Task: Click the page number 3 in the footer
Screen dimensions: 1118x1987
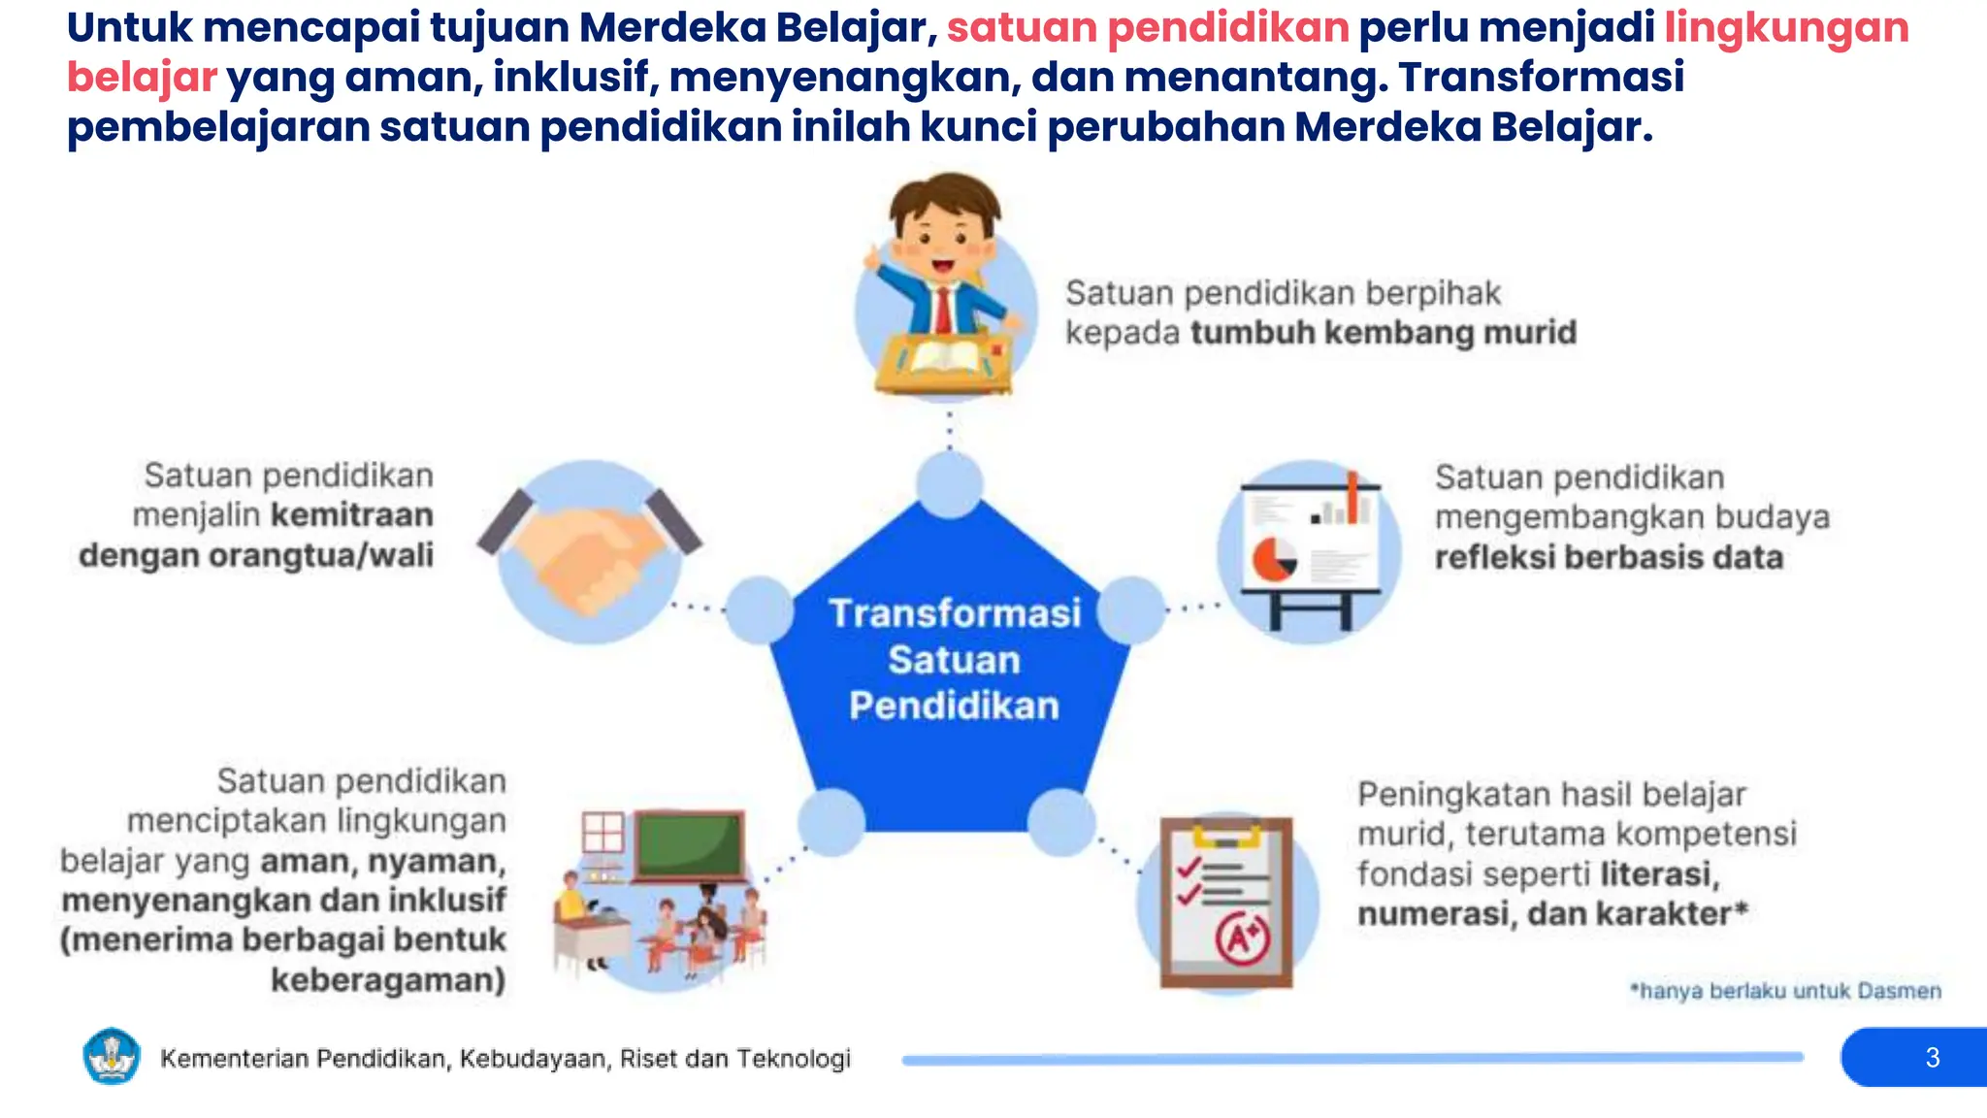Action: coord(1932,1057)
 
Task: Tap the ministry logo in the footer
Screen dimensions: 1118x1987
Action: coord(112,1056)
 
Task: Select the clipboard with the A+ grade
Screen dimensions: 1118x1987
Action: coord(1227,903)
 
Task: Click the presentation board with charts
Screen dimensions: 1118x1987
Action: coord(1310,548)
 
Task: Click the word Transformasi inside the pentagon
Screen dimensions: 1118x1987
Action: coord(955,613)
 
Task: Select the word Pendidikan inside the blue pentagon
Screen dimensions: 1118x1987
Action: coord(955,706)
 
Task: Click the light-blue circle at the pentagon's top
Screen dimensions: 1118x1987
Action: coord(949,483)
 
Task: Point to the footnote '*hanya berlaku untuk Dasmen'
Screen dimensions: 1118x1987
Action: coord(1785,991)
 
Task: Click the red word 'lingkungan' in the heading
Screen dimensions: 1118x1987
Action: coord(1786,27)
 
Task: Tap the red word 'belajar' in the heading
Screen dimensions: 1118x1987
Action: coord(142,78)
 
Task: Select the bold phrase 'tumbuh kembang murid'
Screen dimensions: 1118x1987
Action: coord(1384,333)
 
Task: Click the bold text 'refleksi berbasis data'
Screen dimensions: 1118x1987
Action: coord(1609,558)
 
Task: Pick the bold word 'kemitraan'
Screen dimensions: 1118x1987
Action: coord(352,515)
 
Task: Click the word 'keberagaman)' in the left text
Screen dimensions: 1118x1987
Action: coord(388,980)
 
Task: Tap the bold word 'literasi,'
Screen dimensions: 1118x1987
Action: coord(1660,874)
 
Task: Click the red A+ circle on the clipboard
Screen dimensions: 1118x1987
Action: coord(1243,937)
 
